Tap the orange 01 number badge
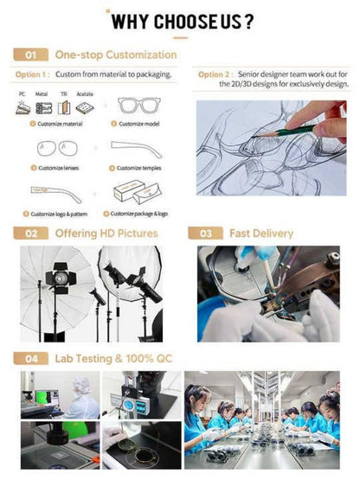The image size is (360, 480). tap(30, 54)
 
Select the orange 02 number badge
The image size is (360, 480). tap(30, 234)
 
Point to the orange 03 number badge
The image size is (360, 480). tap(205, 234)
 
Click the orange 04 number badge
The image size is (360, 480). tap(30, 357)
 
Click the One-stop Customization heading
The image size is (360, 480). tap(115, 54)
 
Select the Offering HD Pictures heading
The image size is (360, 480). tap(106, 234)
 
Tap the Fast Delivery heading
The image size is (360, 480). tap(260, 234)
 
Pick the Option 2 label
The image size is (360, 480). tap(215, 74)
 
